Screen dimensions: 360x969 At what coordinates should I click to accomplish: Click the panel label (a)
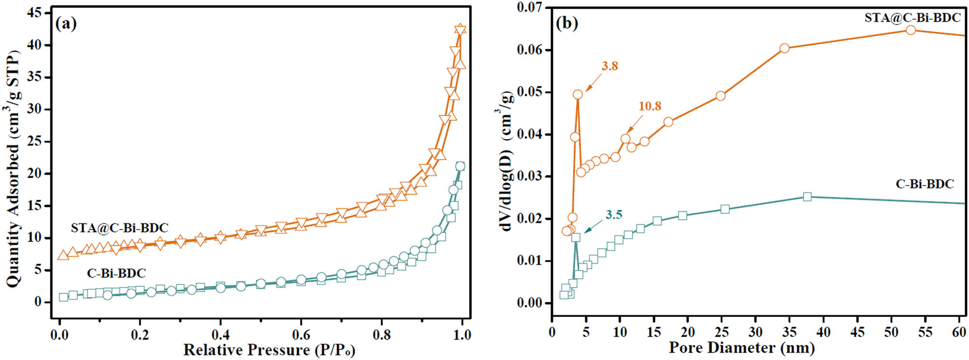click(66, 23)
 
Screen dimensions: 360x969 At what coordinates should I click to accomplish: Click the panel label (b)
click(567, 23)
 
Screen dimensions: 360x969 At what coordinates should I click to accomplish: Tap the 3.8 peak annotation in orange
click(610, 66)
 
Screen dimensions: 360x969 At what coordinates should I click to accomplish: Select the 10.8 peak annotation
click(649, 106)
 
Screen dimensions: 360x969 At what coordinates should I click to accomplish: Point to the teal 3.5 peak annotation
click(613, 215)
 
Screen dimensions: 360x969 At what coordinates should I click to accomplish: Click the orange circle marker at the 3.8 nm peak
click(578, 94)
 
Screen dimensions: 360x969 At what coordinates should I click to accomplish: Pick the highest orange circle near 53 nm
click(910, 30)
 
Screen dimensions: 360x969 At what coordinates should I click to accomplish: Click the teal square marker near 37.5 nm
click(807, 197)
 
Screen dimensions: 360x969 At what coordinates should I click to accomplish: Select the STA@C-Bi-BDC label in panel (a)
click(119, 228)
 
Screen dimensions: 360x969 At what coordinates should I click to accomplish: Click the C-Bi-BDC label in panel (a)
click(116, 273)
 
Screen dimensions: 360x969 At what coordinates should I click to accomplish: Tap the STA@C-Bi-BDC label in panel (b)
click(912, 18)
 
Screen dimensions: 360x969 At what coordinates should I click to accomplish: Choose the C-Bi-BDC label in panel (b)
click(924, 184)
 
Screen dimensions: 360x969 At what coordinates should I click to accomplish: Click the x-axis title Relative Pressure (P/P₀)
click(269, 350)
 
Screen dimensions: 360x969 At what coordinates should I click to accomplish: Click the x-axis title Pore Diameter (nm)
click(741, 348)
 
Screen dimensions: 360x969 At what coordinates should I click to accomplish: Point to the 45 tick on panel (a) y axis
click(34, 13)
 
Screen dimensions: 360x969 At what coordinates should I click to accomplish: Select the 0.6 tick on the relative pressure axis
click(301, 334)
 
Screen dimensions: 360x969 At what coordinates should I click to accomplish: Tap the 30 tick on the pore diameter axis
click(755, 332)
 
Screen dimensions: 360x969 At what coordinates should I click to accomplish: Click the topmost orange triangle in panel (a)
click(460, 30)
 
